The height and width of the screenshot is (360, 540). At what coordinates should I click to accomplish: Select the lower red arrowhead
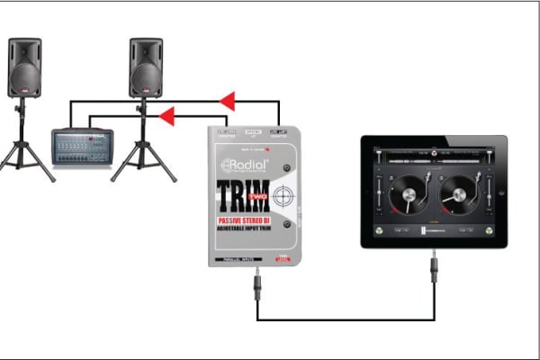tap(166, 115)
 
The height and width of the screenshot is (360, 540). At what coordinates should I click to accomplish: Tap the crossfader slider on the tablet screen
tap(434, 231)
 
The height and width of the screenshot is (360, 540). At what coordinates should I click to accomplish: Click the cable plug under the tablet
tap(434, 268)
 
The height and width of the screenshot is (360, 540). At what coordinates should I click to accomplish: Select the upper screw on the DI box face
tap(286, 170)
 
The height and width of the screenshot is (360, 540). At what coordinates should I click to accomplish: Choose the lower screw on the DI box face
tap(286, 223)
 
